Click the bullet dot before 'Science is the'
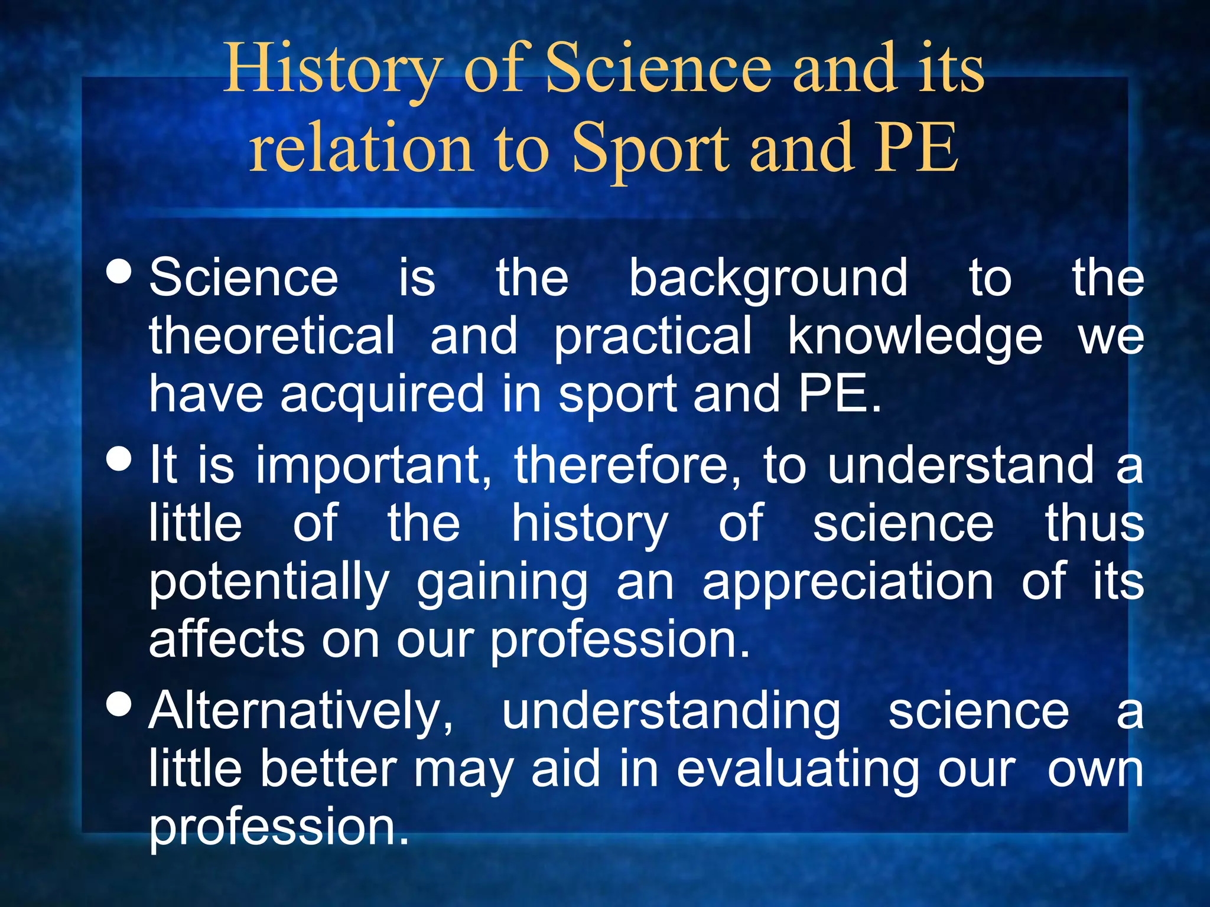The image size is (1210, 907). click(x=120, y=272)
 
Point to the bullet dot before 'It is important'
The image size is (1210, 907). click(x=120, y=459)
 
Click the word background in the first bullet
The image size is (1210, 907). click(x=768, y=279)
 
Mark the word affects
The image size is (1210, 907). click(x=227, y=640)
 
